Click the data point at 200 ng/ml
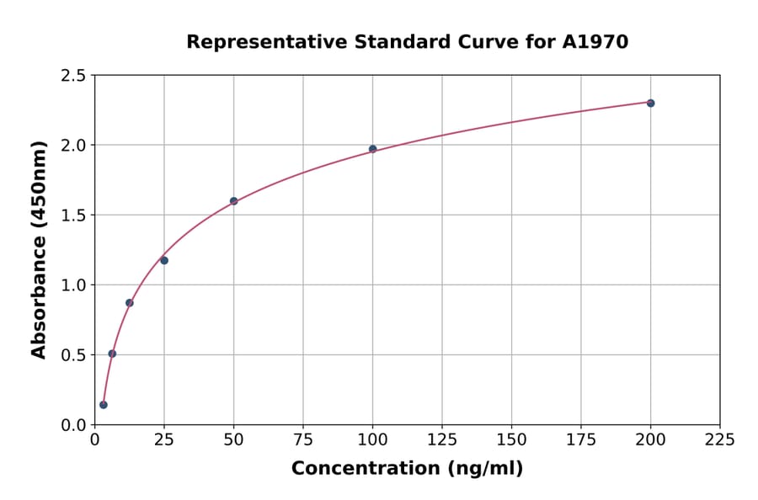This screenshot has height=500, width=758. (650, 103)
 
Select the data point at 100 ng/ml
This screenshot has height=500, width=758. (372, 149)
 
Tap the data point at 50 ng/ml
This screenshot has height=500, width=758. (233, 201)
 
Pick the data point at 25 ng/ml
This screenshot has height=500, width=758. (164, 260)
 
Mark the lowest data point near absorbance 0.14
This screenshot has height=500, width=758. (104, 405)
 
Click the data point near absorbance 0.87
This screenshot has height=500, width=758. (130, 303)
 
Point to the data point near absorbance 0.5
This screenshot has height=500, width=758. (112, 354)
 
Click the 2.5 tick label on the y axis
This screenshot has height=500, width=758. (73, 76)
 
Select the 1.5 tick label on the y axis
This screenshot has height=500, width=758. (73, 215)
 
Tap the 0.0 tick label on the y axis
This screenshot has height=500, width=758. (73, 425)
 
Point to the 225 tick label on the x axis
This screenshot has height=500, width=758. (719, 439)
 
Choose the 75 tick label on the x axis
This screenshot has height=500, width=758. (303, 439)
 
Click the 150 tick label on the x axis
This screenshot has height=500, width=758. (511, 439)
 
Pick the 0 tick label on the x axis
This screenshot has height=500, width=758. (94, 439)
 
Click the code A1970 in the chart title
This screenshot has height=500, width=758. (595, 42)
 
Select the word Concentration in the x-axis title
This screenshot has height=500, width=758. (366, 469)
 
